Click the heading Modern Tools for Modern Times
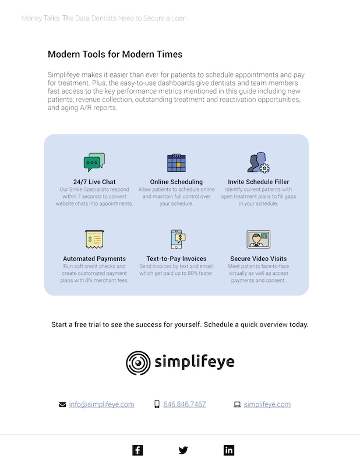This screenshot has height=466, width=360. [115, 54]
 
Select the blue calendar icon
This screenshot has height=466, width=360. [176, 163]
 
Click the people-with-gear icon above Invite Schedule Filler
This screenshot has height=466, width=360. [258, 163]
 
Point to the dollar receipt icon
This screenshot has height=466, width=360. [94, 238]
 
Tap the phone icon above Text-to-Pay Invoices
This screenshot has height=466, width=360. [177, 238]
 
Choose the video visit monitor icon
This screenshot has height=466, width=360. [258, 239]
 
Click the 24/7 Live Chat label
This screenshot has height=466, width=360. [94, 182]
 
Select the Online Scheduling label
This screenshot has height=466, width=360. [176, 182]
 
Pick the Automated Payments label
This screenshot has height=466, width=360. [94, 259]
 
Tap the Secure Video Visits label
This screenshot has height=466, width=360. [258, 259]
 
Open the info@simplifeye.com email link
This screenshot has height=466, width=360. [101, 404]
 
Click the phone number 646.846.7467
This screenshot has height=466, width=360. [184, 404]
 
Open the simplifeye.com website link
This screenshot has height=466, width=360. [267, 404]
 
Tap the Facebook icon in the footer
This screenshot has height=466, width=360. [137, 450]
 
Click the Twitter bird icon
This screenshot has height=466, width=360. [183, 450]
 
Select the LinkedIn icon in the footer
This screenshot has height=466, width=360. [229, 450]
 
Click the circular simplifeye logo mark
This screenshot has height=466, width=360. [138, 362]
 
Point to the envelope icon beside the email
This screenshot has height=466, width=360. [62, 404]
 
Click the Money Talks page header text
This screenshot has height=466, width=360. [104, 18]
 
